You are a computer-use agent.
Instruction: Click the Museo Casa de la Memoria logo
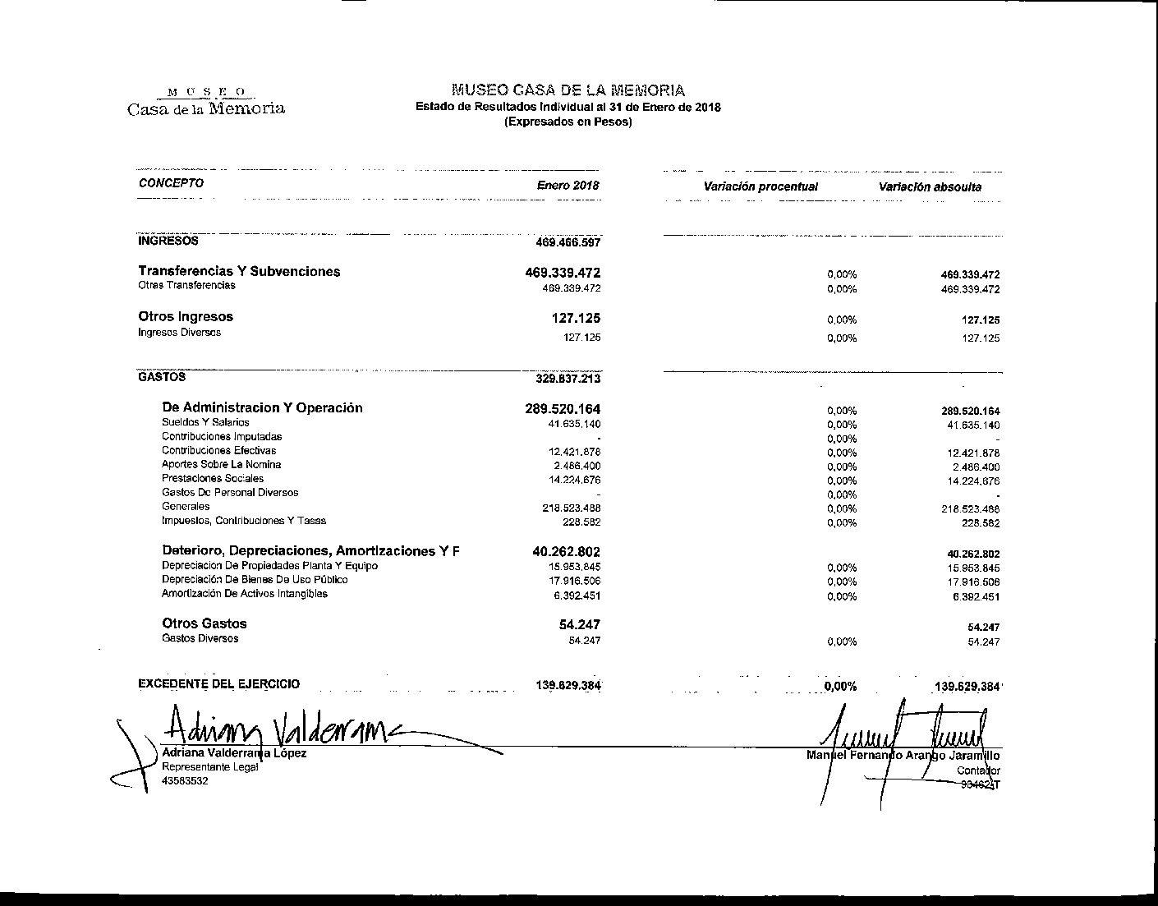[206, 101]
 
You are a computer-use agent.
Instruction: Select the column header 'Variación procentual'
[761, 186]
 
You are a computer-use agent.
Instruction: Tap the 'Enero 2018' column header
[568, 185]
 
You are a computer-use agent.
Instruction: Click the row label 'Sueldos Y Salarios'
[205, 422]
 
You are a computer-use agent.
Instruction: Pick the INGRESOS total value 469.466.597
[568, 243]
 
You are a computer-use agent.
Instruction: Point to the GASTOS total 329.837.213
[568, 379]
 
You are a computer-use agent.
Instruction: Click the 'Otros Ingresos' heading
[186, 316]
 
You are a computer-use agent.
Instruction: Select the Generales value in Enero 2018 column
[571, 508]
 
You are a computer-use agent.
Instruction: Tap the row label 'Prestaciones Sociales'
[213, 478]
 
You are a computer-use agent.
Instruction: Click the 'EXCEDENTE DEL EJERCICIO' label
[218, 683]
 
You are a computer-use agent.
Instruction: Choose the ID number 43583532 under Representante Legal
[185, 781]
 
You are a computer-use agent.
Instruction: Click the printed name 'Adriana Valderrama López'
[234, 752]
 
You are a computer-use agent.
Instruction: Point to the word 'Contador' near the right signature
[978, 770]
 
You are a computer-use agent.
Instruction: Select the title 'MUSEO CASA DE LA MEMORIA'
[568, 90]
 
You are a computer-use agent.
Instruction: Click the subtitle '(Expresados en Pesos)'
[568, 122]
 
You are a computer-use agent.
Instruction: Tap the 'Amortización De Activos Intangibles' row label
[245, 594]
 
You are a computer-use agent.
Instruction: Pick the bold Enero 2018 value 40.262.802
[566, 552]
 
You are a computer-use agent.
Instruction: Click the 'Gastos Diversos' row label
[200, 638]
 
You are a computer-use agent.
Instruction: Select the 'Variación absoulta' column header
[930, 186]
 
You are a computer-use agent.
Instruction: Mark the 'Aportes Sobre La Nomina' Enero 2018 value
[577, 467]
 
